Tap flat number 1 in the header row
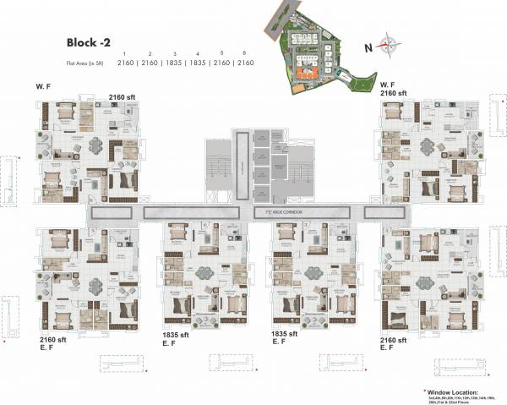point(123,52)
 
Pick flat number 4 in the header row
point(198,52)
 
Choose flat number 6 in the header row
point(246,52)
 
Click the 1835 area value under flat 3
point(173,63)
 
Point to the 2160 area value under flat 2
point(149,63)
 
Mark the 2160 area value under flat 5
point(222,63)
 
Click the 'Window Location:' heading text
point(453,392)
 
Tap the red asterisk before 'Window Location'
point(424,391)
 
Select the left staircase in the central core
point(218,164)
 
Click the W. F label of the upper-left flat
point(44,86)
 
